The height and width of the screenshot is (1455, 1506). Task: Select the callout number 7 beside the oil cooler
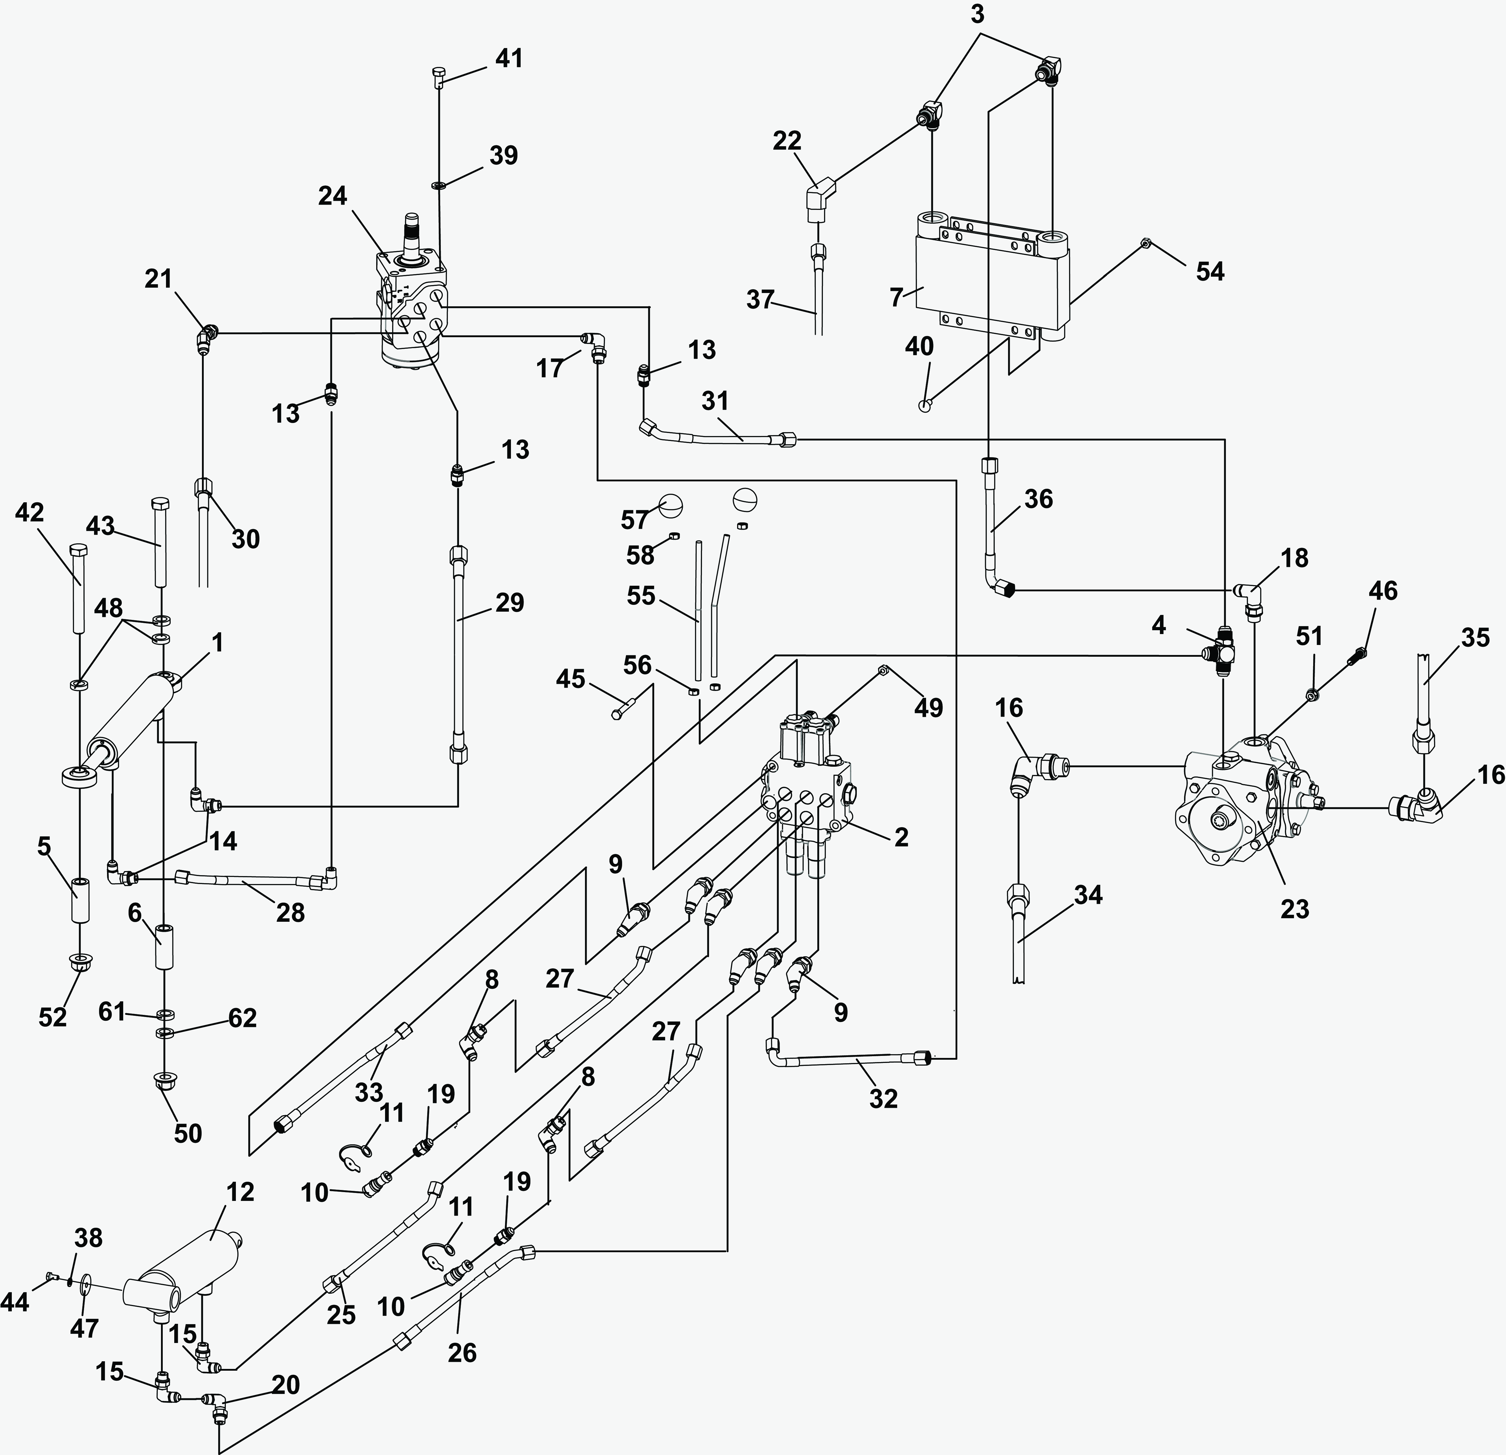[896, 298]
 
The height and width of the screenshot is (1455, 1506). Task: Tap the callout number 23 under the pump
[1295, 909]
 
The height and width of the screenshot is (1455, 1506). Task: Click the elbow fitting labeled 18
[1250, 599]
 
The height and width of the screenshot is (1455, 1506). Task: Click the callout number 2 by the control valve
[901, 837]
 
